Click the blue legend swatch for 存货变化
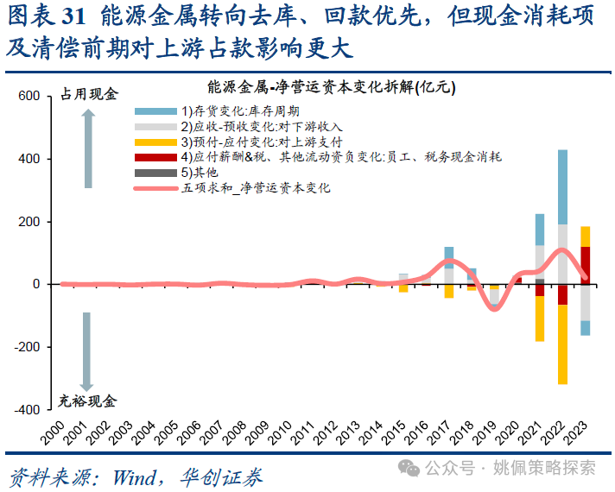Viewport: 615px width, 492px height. pos(155,111)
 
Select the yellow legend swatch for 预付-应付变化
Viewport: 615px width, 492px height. pos(155,142)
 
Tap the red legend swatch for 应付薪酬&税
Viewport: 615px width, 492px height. pos(155,157)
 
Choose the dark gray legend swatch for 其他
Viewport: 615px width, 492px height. pos(155,173)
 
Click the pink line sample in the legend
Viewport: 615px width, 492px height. pos(155,187)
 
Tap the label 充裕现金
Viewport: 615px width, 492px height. pos(88,401)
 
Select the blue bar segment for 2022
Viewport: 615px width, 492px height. pos(562,186)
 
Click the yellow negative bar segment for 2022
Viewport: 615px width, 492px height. pos(562,344)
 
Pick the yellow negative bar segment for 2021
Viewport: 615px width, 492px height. pos(540,319)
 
